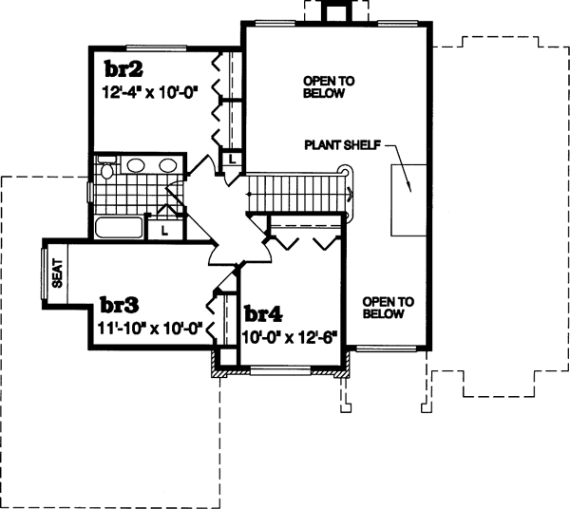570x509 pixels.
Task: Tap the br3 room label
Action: click(120, 306)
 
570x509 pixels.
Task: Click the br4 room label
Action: click(263, 314)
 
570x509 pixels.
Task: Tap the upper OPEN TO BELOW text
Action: click(329, 87)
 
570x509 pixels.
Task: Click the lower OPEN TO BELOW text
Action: click(389, 307)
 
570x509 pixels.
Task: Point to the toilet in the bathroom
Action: click(104, 172)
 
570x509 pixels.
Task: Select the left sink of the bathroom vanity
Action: click(135, 165)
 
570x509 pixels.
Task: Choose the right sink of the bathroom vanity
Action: click(168, 165)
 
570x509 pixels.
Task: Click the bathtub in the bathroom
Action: click(119, 228)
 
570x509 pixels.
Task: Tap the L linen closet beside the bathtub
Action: click(163, 229)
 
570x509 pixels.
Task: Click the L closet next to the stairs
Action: click(231, 161)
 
